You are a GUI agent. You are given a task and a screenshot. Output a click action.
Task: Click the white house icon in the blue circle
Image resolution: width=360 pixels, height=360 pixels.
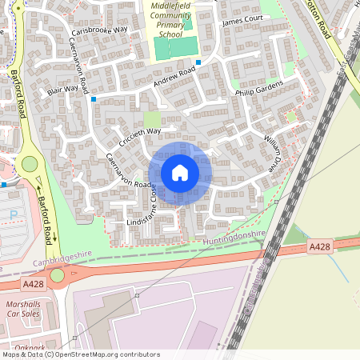(180, 173)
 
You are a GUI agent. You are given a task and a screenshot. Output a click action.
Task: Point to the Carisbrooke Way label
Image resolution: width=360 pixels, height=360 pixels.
(99, 31)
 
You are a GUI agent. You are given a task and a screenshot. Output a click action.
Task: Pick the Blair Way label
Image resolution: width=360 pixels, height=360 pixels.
(62, 90)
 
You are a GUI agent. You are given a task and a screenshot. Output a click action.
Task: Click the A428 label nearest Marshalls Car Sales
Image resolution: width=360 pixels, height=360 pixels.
(34, 284)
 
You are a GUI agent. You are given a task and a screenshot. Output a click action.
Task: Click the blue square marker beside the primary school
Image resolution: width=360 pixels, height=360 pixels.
(198, 62)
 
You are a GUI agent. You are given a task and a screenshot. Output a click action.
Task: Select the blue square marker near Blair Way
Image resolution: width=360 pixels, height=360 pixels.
(94, 99)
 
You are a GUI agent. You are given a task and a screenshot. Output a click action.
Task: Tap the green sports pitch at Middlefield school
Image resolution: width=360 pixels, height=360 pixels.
(175, 49)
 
